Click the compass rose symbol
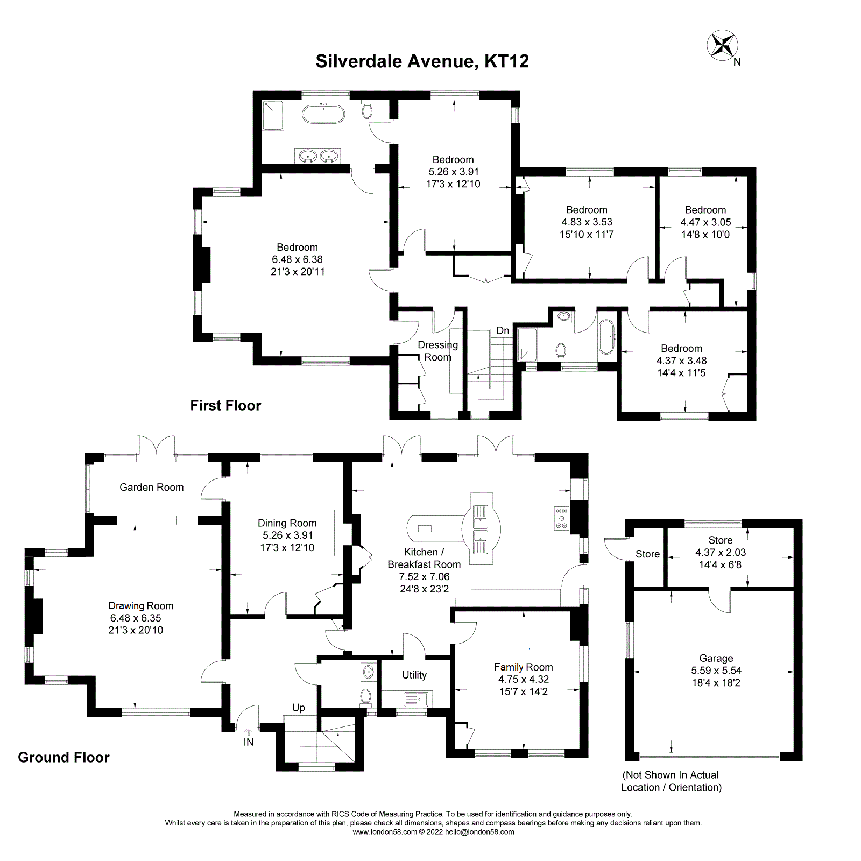pyautogui.click(x=722, y=45)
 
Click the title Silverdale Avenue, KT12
pyautogui.click(x=422, y=61)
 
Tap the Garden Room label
pyautogui.click(x=151, y=488)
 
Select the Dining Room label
pyautogui.click(x=287, y=523)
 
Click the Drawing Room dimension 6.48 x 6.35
pyautogui.click(x=136, y=618)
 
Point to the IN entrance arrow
pyautogui.click(x=249, y=733)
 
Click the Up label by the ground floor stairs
pyautogui.click(x=298, y=708)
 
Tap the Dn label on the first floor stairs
pyautogui.click(x=503, y=331)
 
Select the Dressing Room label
pyautogui.click(x=437, y=351)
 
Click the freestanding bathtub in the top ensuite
pyautogui.click(x=323, y=114)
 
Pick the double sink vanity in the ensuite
pyautogui.click(x=317, y=156)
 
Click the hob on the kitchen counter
pyautogui.click(x=561, y=518)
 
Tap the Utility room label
pyautogui.click(x=414, y=675)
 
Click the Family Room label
pyautogui.click(x=523, y=667)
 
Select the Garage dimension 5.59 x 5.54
pyautogui.click(x=716, y=671)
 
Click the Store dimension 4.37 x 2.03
pyautogui.click(x=721, y=553)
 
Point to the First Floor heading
pyautogui.click(x=225, y=406)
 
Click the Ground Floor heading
pyautogui.click(x=63, y=758)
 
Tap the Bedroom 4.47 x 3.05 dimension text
pyautogui.click(x=705, y=222)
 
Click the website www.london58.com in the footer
pyautogui.click(x=384, y=832)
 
